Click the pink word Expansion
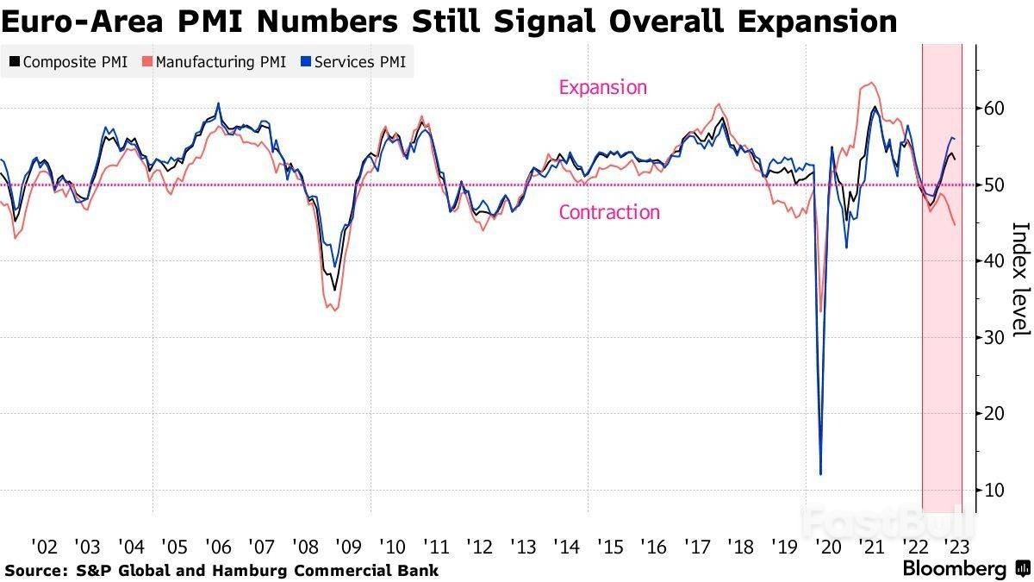602,87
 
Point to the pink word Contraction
609,212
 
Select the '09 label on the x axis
348,547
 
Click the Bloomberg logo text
954,569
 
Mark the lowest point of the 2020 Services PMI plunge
820,473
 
